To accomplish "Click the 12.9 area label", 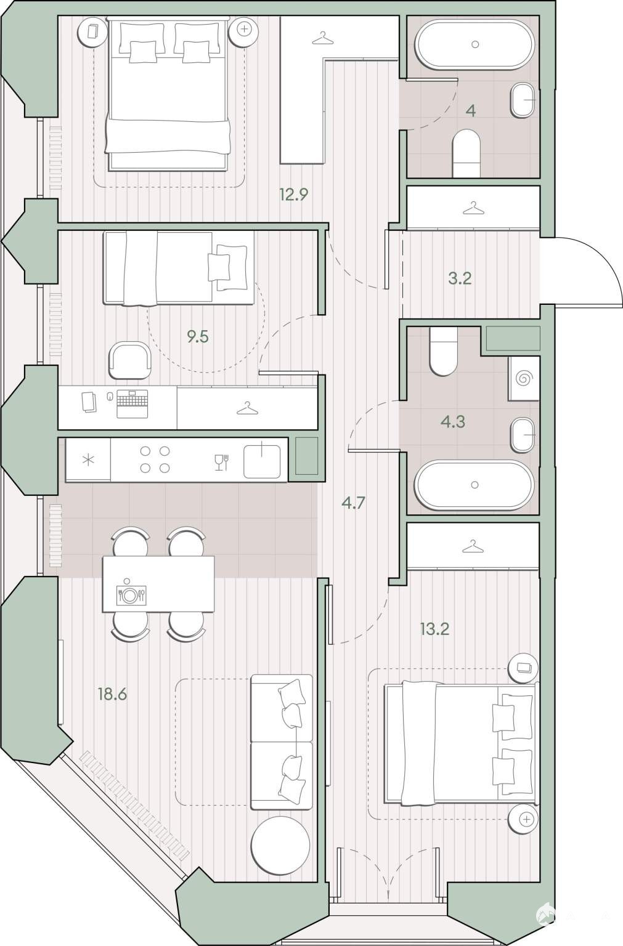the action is tap(293, 195).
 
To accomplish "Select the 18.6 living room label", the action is tap(112, 694).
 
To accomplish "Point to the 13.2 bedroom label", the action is tap(434, 629).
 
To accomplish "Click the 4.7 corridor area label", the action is tap(353, 503).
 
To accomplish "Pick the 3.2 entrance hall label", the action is tap(460, 279).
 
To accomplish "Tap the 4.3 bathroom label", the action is tap(453, 421).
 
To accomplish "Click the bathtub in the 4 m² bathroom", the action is tap(475, 44).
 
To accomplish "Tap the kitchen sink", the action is tap(262, 460).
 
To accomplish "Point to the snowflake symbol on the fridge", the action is tap(88, 459).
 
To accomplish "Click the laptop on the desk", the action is tap(132, 404).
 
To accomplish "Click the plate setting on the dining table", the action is tap(131, 596).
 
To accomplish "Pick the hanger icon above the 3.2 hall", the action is tap(474, 208).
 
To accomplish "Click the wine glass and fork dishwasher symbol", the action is tap(221, 462).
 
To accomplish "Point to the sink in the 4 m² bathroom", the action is tap(523, 100).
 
